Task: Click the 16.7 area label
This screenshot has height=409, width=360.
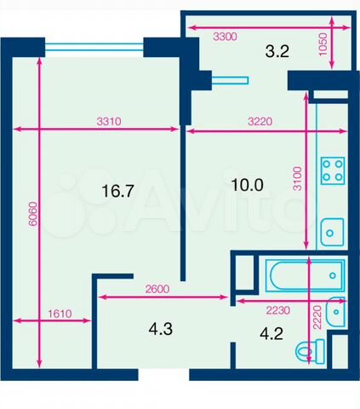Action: coord(117,191)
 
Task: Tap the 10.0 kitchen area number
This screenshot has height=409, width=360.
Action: coord(247,185)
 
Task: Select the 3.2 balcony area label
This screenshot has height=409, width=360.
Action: coord(277,51)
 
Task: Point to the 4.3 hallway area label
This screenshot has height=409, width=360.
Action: coord(161,329)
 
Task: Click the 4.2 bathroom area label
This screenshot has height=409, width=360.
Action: coord(271,334)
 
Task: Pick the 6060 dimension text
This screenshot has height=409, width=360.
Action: coord(33,214)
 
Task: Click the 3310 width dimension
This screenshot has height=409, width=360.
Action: coord(109,122)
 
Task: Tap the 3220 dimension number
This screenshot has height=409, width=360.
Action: coord(260,122)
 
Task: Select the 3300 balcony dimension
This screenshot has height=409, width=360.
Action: coord(225,37)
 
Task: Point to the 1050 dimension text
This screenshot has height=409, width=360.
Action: coord(323,44)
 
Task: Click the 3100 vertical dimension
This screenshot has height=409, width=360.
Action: coord(297,179)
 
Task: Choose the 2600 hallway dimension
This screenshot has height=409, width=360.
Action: coord(157,289)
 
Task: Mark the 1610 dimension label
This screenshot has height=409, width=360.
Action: coord(60,314)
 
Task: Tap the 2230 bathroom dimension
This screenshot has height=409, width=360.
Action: coord(277,310)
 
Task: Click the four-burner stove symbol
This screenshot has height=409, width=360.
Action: coord(333,170)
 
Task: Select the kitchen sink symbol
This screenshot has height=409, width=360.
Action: coord(332,232)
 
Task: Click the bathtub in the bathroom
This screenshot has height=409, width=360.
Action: coord(306,275)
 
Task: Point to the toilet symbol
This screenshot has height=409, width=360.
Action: coord(310,352)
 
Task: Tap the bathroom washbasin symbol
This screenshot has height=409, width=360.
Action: coord(335,312)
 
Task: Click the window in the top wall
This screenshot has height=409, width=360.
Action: coord(94,47)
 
